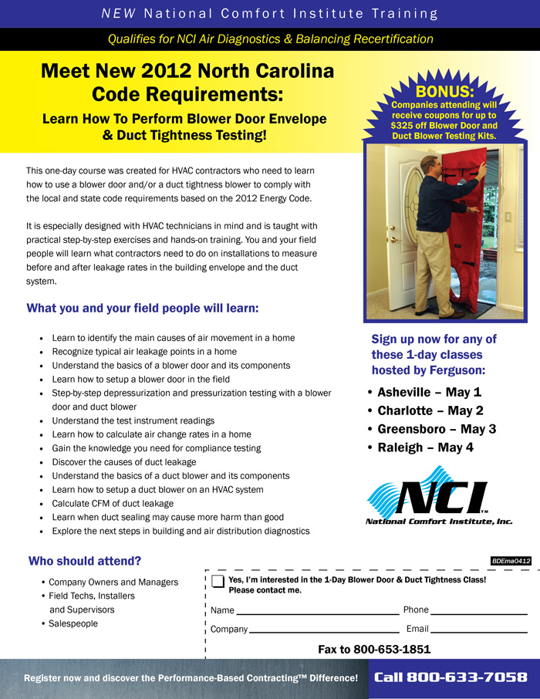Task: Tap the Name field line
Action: click(x=317, y=611)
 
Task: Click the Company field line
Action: click(x=324, y=630)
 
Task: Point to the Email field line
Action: click(x=479, y=630)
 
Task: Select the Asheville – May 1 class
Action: click(x=430, y=392)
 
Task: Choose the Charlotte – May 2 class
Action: click(x=430, y=410)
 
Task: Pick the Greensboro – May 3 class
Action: click(x=437, y=429)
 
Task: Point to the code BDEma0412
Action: click(x=511, y=561)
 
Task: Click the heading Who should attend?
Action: click(x=85, y=561)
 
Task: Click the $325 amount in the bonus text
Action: click(x=410, y=125)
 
